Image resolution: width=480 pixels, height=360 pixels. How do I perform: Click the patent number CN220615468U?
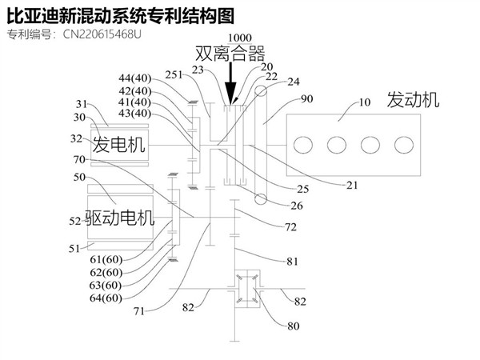(102, 34)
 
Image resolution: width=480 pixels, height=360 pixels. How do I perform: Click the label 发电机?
(119, 145)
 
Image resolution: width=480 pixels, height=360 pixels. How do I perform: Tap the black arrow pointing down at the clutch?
(231, 84)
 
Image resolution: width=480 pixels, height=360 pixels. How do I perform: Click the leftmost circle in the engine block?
(302, 146)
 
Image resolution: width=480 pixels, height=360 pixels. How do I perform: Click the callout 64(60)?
(105, 298)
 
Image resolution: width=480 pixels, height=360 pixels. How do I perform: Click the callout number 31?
(82, 103)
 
